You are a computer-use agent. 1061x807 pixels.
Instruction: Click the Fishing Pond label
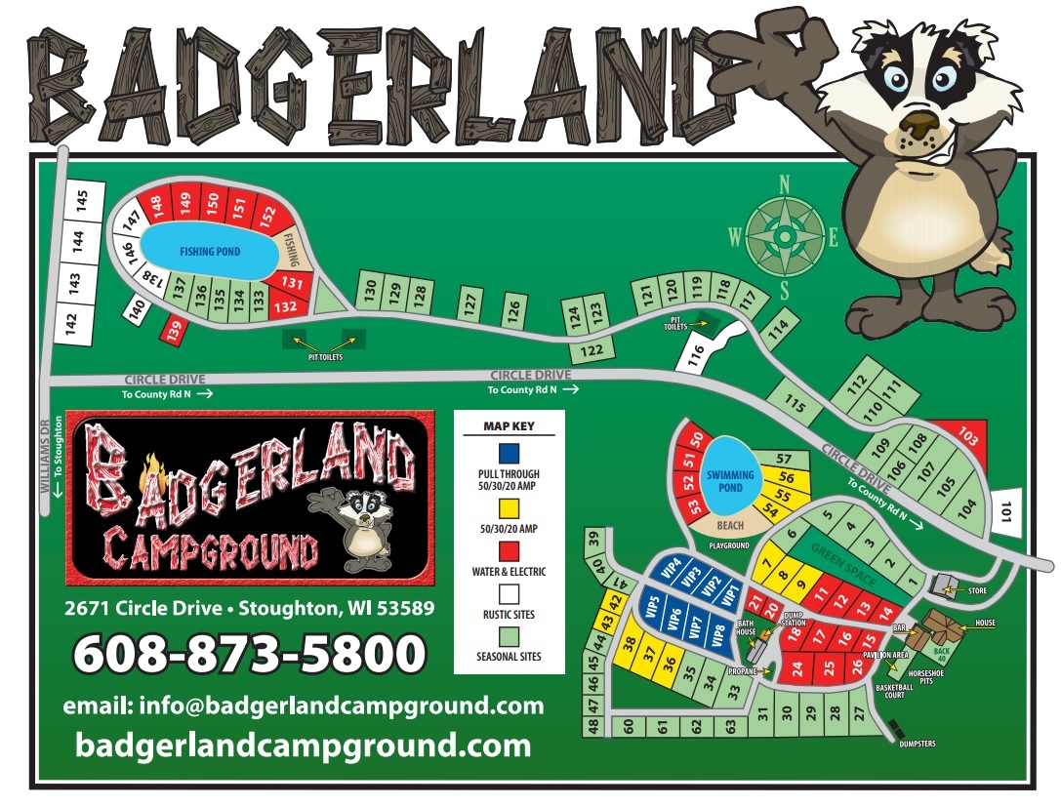pyautogui.click(x=209, y=252)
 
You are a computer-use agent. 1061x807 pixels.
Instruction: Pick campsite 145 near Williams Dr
pyautogui.click(x=82, y=200)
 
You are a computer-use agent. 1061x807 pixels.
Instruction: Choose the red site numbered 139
pyautogui.click(x=174, y=332)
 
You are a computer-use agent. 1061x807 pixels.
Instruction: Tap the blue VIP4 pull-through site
pyautogui.click(x=671, y=571)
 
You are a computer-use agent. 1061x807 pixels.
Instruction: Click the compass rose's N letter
pyautogui.click(x=783, y=182)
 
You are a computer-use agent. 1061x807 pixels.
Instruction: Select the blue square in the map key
pyautogui.click(x=508, y=454)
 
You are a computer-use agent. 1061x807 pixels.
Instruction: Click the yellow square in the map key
pyautogui.click(x=508, y=508)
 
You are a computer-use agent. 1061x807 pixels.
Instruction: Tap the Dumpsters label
pyautogui.click(x=917, y=745)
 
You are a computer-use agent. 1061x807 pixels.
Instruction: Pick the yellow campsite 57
pyautogui.click(x=783, y=459)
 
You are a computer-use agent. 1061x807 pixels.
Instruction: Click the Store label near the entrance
pyautogui.click(x=976, y=590)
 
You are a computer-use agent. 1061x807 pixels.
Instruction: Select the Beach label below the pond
pyautogui.click(x=729, y=525)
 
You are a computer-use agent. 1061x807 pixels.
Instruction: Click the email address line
pyautogui.click(x=304, y=706)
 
